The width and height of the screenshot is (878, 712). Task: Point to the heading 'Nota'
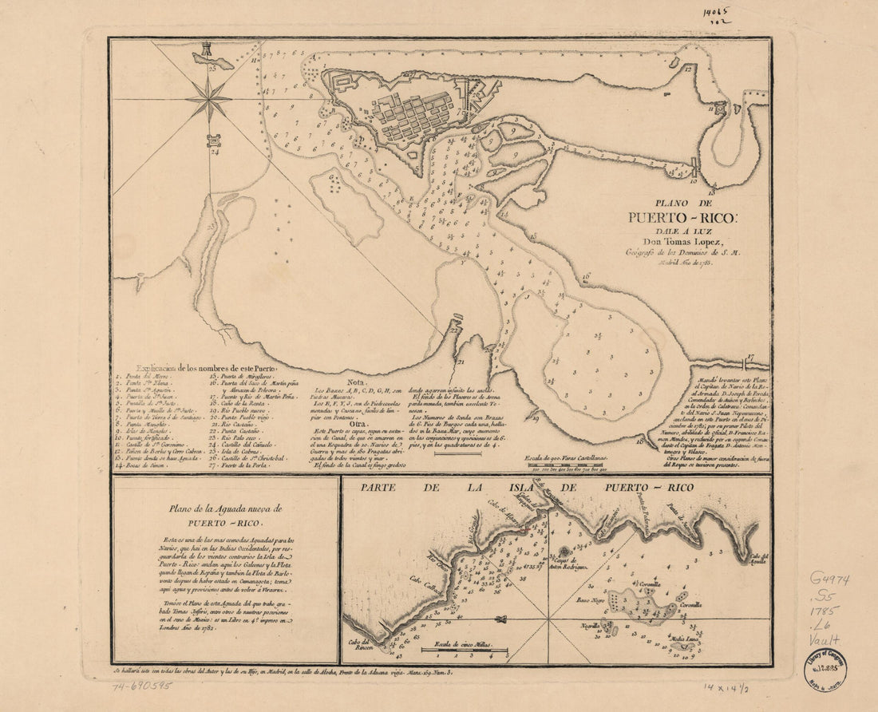(357, 382)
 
